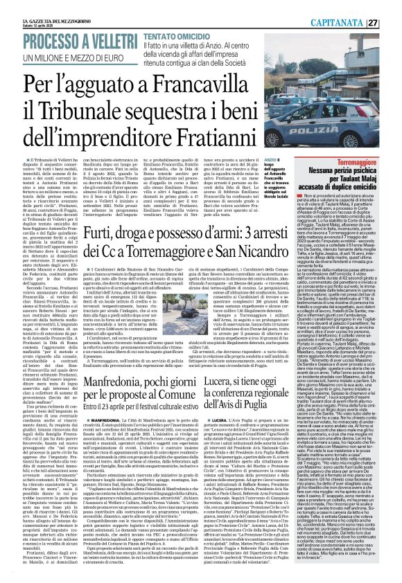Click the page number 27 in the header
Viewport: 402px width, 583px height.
tap(392, 6)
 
